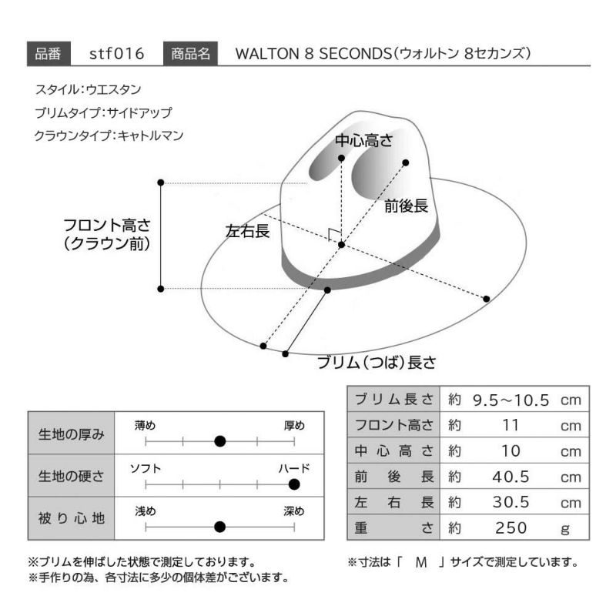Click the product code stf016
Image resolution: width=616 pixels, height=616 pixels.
point(117,53)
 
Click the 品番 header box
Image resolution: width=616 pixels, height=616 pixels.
point(49,53)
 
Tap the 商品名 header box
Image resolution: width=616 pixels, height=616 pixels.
point(190,53)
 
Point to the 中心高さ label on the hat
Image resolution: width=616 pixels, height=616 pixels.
point(363,140)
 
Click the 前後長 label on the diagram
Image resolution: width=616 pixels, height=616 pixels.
point(407,206)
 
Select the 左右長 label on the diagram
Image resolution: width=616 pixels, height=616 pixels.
point(247,231)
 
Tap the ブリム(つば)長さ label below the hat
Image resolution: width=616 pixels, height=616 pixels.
point(377,362)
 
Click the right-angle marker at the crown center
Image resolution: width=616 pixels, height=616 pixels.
point(333,234)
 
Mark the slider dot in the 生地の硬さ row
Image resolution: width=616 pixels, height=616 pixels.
point(294,484)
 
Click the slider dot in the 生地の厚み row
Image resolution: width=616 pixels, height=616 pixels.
point(220,441)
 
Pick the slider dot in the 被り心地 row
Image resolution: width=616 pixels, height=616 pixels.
point(220,527)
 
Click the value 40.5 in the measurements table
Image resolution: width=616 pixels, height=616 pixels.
point(511,477)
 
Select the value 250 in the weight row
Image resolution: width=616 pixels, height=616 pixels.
point(511,528)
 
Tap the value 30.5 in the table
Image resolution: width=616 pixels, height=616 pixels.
point(511,503)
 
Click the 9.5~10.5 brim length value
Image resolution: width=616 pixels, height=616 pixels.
point(511,400)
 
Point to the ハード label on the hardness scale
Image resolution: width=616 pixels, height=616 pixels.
point(294,468)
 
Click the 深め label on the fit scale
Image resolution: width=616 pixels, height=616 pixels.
point(294,511)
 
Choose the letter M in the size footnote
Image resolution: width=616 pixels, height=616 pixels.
point(421,563)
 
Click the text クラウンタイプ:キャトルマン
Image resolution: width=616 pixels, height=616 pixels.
point(109,136)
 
